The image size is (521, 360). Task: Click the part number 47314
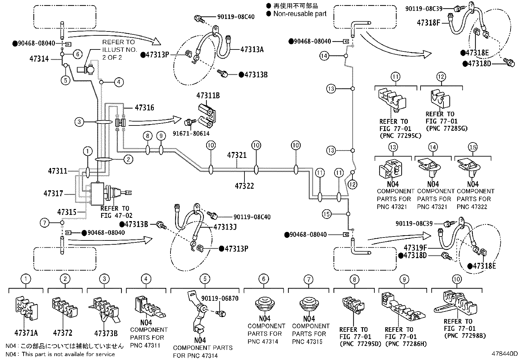click(39, 59)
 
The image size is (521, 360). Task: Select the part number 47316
click(144, 108)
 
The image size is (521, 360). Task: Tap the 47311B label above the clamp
click(208, 96)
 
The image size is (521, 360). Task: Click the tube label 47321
click(237, 155)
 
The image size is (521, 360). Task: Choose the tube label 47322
click(244, 186)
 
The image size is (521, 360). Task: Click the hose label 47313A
click(252, 49)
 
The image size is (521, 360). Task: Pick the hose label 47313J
click(225, 227)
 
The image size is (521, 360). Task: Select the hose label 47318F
click(429, 23)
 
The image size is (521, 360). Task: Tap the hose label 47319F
click(415, 247)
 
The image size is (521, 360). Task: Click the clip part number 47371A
click(26, 333)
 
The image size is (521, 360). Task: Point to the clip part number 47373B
click(106, 333)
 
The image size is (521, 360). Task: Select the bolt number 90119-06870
click(220, 298)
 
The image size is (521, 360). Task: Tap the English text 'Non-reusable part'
click(300, 14)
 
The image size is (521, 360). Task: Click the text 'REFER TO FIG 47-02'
click(115, 212)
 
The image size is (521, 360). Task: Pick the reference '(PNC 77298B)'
click(465, 336)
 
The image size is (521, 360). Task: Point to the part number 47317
click(53, 194)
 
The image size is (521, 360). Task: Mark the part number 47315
click(67, 212)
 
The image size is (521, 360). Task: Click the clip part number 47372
click(63, 333)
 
